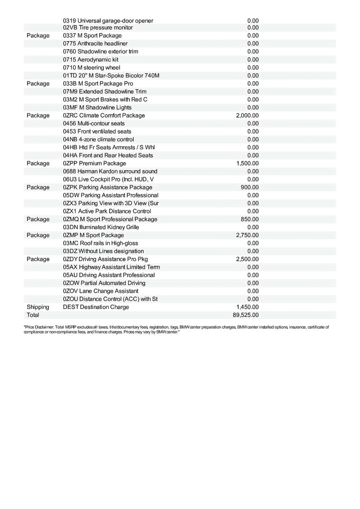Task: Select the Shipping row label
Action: pos(38,307)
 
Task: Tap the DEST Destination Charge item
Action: pos(96,307)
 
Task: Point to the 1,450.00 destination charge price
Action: pos(247,307)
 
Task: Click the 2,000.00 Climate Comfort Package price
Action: pos(247,115)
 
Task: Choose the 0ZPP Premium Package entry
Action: pos(94,163)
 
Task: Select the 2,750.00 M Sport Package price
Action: pos(247,235)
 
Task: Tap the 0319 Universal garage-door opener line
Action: pos(108,21)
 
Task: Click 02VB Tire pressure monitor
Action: pos(98,28)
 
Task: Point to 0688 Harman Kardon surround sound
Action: pos(110,171)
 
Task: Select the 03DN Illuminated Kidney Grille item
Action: pos(101,227)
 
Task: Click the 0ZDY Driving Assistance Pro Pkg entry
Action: pos(105,259)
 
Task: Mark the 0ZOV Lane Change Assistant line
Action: pos(101,291)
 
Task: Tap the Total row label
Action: pos(33,315)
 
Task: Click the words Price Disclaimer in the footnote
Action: pos(39,327)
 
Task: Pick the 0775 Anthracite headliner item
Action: pos(95,44)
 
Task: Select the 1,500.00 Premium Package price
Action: pos(247,163)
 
